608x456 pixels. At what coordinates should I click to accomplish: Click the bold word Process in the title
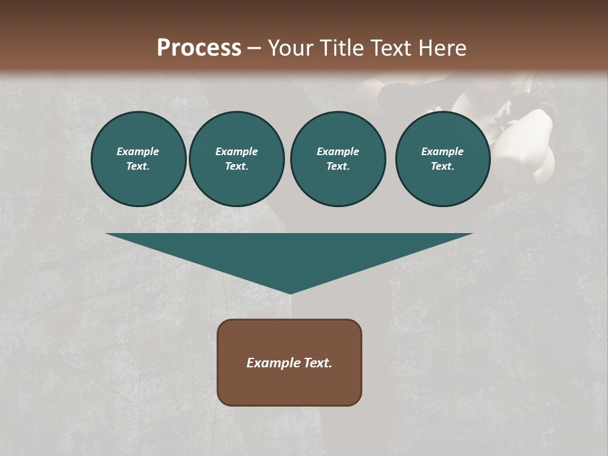[199, 48]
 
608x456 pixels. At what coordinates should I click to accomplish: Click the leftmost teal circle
[138, 159]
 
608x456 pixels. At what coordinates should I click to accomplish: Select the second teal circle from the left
[236, 159]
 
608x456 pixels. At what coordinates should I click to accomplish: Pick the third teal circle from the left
[338, 159]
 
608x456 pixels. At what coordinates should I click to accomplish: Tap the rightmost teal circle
[442, 159]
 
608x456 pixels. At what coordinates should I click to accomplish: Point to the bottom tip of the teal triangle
[290, 293]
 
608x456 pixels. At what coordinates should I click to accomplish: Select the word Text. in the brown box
[317, 363]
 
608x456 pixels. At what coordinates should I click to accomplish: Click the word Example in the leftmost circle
[138, 151]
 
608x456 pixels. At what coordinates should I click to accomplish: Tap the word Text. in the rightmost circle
[442, 167]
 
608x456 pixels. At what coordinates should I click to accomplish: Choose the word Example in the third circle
[338, 151]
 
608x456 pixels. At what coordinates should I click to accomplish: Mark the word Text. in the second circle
[236, 167]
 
